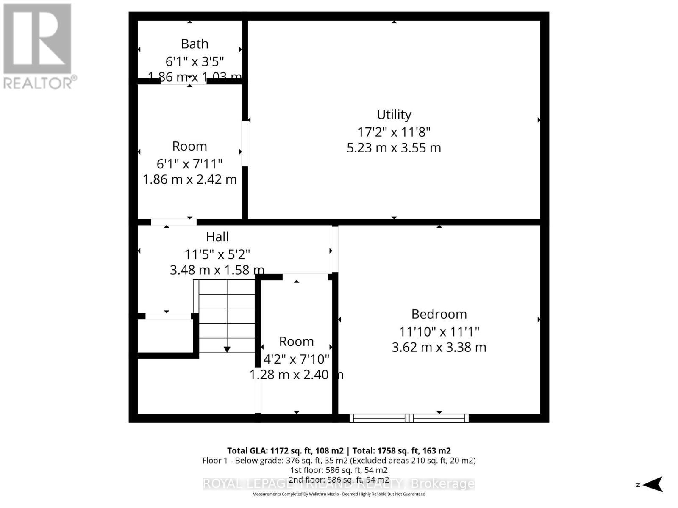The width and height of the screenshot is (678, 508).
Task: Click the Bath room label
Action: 195,44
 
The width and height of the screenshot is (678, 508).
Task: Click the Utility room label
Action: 394,115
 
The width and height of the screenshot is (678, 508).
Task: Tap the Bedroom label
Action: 439,314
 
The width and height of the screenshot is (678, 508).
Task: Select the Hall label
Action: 217,237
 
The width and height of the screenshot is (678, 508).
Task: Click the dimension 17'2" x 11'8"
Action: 394,132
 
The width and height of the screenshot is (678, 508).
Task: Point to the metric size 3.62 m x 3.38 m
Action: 439,347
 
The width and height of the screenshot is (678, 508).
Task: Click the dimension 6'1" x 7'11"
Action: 189,163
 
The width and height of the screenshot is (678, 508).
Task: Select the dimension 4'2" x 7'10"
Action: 296,359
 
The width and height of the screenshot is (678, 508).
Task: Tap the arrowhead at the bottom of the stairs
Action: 227,349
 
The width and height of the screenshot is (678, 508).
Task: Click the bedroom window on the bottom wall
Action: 409,418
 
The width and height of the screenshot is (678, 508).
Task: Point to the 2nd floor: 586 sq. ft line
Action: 339,480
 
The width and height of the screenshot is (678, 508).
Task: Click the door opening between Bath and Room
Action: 183,81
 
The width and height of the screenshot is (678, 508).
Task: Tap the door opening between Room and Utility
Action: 245,144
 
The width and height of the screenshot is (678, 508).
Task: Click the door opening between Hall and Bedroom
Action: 335,249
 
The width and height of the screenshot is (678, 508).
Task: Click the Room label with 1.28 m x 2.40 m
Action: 296,341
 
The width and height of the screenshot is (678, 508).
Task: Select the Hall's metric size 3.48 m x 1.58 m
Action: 217,270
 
